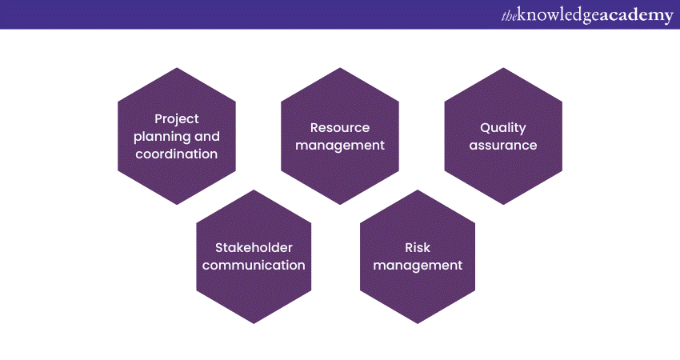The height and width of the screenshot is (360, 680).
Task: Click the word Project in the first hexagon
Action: tap(177, 119)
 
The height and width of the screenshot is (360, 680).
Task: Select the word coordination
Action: tap(177, 154)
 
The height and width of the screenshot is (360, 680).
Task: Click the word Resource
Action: tap(340, 127)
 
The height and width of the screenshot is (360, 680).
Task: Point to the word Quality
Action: tap(503, 128)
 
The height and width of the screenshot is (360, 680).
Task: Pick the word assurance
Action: tap(503, 146)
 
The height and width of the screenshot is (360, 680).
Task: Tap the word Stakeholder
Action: tap(254, 248)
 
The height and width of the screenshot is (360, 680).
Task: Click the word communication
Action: tap(254, 265)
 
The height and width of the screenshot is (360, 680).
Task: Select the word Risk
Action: tap(418, 248)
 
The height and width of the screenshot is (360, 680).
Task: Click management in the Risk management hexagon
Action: tap(418, 266)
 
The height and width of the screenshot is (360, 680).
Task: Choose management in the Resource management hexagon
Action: tap(340, 146)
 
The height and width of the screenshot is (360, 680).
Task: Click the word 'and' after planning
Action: tap(207, 137)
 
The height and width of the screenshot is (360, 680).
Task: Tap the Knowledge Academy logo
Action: tap(587, 16)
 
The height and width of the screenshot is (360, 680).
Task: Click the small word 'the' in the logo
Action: tap(509, 17)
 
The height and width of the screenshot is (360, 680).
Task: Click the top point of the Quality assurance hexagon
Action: tap(503, 68)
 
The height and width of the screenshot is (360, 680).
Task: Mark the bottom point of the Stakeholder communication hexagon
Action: tap(254, 323)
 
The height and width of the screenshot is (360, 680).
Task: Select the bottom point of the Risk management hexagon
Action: tap(418, 323)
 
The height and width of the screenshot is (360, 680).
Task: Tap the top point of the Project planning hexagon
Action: tap(177, 68)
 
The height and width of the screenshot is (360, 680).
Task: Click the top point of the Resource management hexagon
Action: tap(340, 68)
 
